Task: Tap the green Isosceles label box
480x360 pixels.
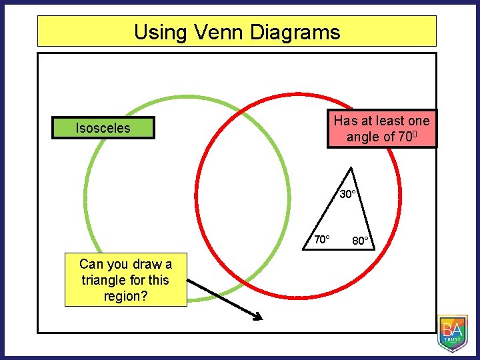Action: point(103,128)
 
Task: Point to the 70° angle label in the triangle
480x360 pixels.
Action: point(322,239)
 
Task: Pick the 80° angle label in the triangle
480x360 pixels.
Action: point(362,241)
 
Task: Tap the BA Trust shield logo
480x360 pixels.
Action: point(453,333)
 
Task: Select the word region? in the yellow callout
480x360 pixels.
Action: point(125,296)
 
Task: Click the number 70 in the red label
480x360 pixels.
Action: point(406,137)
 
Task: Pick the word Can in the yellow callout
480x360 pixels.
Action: point(91,264)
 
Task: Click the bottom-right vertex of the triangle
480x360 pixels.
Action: point(375,249)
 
